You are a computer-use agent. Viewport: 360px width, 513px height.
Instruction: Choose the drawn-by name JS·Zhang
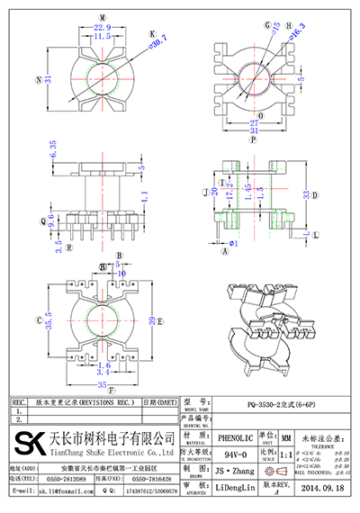pyautogui.click(x=232, y=471)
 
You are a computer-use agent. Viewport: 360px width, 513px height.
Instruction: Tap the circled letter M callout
pyautogui.click(x=102, y=17)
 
